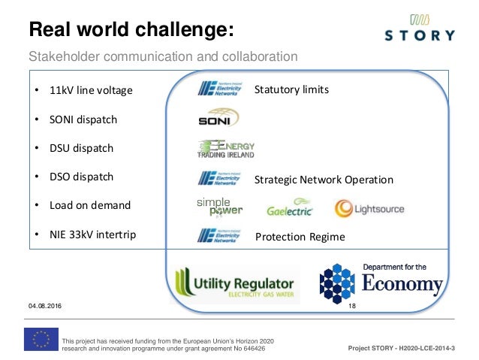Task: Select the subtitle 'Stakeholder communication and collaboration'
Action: point(163,57)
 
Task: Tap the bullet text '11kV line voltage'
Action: point(91,91)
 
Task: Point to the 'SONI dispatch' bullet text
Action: point(83,119)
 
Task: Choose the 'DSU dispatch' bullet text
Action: point(81,148)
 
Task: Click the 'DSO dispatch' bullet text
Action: point(82,177)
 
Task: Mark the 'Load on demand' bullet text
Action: point(90,205)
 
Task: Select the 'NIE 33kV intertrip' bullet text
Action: point(93,234)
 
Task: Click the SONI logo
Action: point(218,118)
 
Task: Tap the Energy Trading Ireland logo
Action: point(226,149)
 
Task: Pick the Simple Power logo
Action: point(219,207)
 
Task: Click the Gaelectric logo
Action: point(290,208)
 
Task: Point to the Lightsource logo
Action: point(369,208)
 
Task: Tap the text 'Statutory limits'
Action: point(291,90)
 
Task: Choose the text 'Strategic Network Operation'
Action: point(324,180)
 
